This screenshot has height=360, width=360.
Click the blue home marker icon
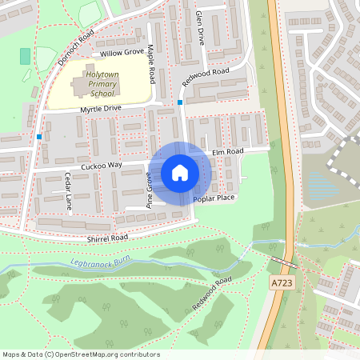click(x=180, y=172)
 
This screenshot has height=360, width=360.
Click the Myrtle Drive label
click(x=100, y=107)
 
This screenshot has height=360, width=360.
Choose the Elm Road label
click(x=228, y=150)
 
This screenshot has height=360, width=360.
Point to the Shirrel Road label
click(x=108, y=238)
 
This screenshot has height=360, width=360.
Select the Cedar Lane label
click(x=69, y=192)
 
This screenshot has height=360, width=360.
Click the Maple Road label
click(x=150, y=64)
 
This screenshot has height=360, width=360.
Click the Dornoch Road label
click(x=76, y=50)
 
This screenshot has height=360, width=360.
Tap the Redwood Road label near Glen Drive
click(x=206, y=78)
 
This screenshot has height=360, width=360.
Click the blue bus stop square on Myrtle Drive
click(x=180, y=102)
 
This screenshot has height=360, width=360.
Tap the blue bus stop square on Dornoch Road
click(x=38, y=137)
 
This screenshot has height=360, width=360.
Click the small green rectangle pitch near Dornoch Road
click(x=25, y=57)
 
